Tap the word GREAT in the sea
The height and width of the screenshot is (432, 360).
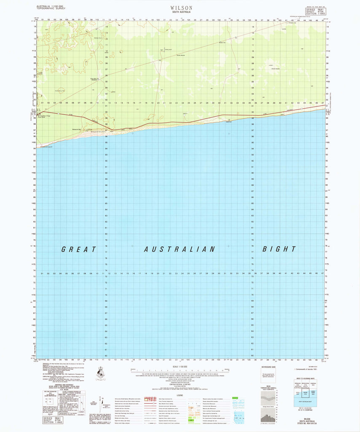(79, 249)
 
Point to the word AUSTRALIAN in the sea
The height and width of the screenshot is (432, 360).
(180, 249)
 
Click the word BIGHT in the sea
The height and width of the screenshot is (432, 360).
(279, 249)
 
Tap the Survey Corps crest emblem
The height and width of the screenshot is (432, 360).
(102, 373)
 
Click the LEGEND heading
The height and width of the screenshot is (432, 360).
(180, 395)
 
